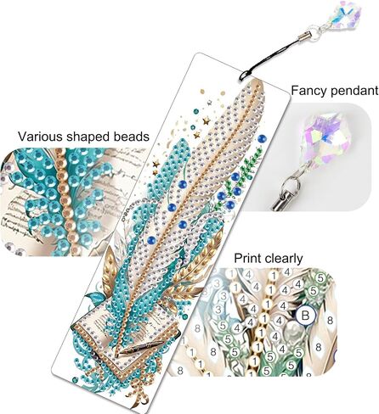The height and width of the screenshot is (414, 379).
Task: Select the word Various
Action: (x=40, y=137)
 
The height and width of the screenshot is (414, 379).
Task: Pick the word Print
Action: (x=247, y=258)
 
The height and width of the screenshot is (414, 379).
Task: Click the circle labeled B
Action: (x=305, y=315)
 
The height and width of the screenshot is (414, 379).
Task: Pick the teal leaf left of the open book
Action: (x=94, y=299)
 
